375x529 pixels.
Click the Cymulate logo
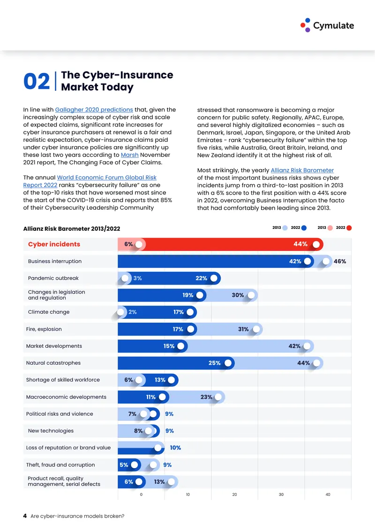click(x=327, y=25)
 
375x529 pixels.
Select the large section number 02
click(x=37, y=81)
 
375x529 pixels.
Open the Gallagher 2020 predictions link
click(x=94, y=110)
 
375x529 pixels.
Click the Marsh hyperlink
click(x=130, y=155)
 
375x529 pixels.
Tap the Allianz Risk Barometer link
click(x=302, y=170)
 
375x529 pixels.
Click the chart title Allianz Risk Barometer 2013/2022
click(x=72, y=229)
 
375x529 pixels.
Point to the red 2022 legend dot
click(x=349, y=228)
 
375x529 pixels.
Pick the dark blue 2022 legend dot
click(x=304, y=228)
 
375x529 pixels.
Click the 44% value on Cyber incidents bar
click(x=300, y=244)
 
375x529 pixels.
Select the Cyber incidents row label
click(x=54, y=244)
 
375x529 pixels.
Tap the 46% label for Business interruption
click(x=340, y=261)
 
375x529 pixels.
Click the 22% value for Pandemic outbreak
click(x=202, y=279)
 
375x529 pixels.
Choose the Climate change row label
click(x=49, y=312)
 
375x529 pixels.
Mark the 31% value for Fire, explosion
click(x=243, y=329)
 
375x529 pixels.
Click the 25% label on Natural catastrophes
click(x=215, y=363)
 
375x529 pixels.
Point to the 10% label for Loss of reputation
click(x=175, y=448)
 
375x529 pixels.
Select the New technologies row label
click(x=51, y=431)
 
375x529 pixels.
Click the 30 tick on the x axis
click(x=281, y=494)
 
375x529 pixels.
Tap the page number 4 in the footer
click(x=25, y=516)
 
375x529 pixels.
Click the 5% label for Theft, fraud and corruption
click(x=124, y=465)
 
